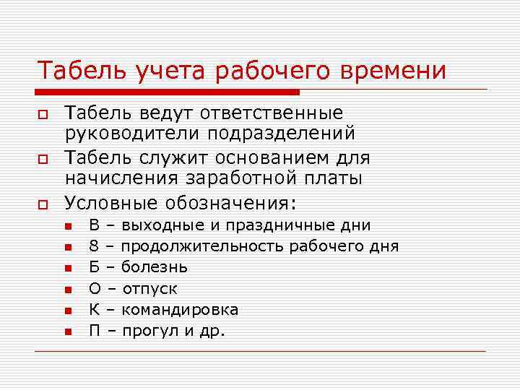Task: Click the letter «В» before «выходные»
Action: [94, 225]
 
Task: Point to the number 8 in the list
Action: [94, 246]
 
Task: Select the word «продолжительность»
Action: [203, 246]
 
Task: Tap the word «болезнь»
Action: [155, 267]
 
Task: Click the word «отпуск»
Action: [150, 289]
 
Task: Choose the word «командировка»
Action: [180, 310]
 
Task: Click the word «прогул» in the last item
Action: [147, 331]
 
